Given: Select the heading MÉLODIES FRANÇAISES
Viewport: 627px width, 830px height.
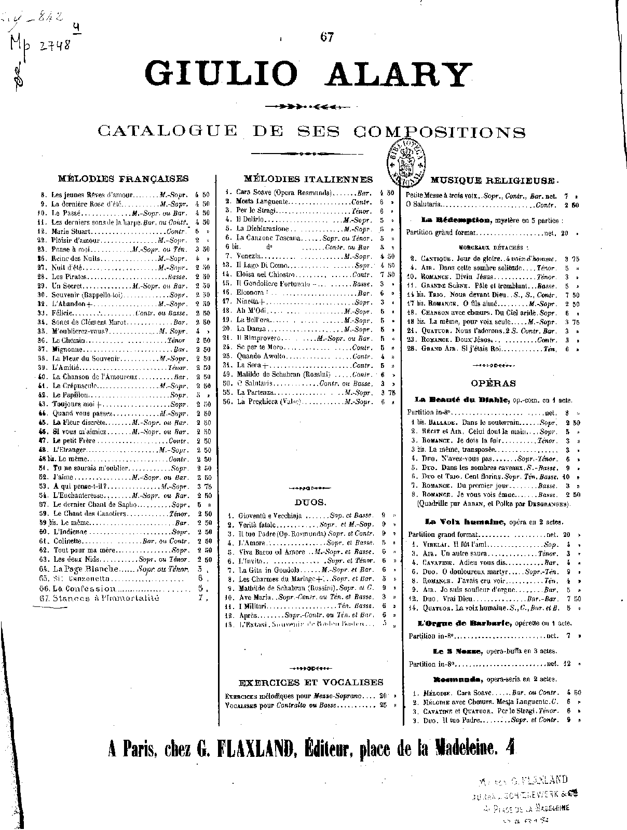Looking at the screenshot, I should tap(123, 178).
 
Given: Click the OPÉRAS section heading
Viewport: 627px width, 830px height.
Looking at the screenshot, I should tap(486, 383).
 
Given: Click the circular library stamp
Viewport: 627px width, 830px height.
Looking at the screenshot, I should tap(407, 158).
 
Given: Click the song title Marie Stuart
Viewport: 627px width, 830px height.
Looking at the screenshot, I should tap(72, 231).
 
